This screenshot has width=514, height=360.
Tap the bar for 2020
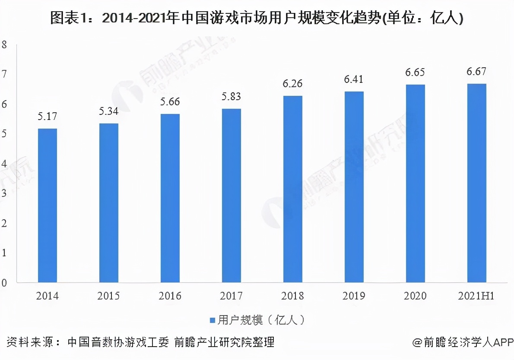tap(416, 183)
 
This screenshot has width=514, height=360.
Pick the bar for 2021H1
tap(477, 183)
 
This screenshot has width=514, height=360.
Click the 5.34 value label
tap(108, 112)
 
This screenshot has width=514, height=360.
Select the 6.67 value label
tap(477, 72)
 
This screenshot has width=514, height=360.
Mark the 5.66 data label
tap(170, 102)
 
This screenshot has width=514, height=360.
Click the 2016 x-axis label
tap(170, 296)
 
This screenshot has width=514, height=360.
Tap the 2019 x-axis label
tap(354, 296)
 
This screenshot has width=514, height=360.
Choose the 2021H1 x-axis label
tap(477, 296)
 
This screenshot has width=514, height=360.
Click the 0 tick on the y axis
tap(4, 283)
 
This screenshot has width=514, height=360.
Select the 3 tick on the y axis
tap(4, 193)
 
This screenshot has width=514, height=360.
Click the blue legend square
tap(212, 320)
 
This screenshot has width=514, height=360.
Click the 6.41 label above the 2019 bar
tap(354, 79)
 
